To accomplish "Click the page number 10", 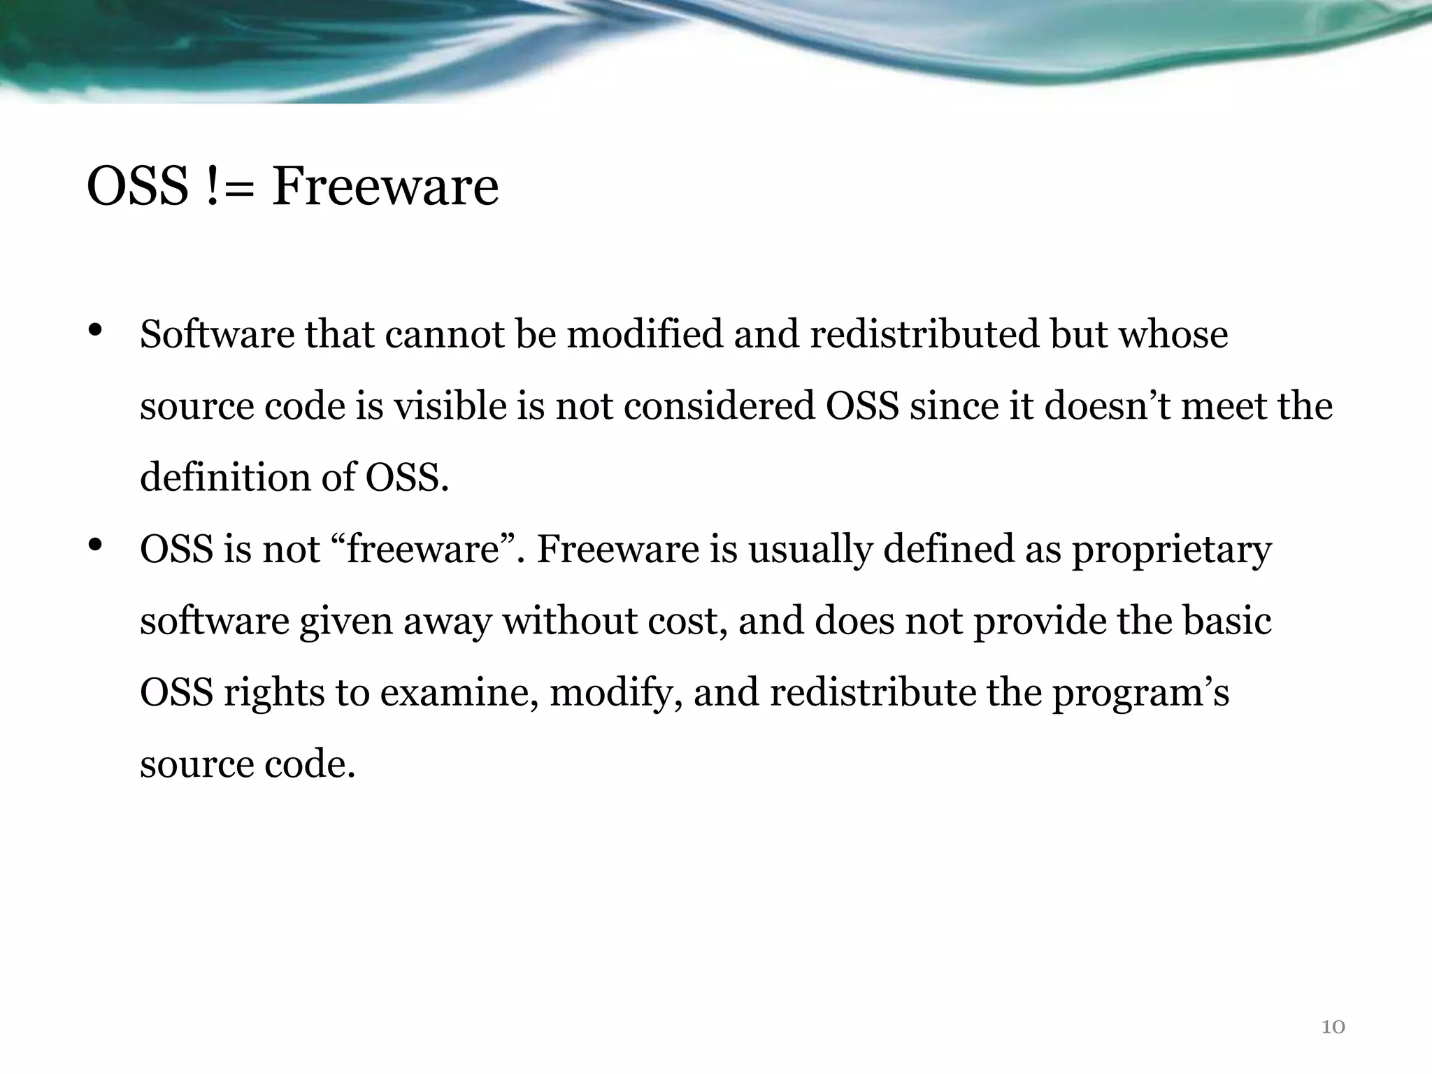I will click(x=1333, y=1026).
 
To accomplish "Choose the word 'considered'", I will click(x=719, y=406).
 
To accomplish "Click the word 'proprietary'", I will click(x=1172, y=550).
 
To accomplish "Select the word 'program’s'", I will click(x=1140, y=693).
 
